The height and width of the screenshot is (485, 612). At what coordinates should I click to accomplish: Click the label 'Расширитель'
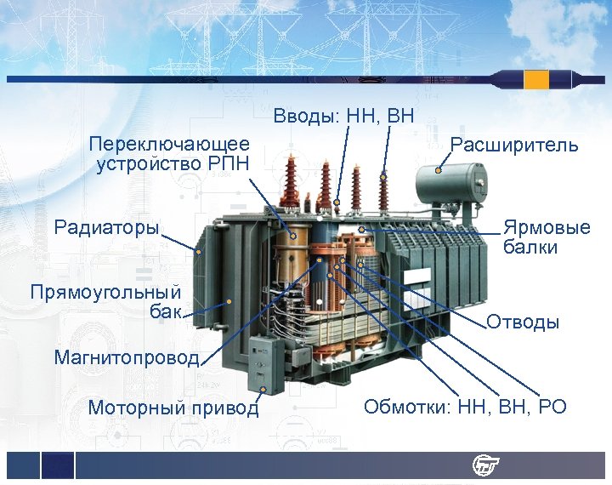click(513, 145)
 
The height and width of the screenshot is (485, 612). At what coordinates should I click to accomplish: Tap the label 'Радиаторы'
click(106, 227)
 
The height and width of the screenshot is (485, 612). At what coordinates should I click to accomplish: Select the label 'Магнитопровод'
click(126, 357)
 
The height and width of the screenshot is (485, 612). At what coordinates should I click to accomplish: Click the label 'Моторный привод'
click(173, 408)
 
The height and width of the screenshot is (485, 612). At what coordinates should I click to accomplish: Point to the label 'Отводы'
click(522, 322)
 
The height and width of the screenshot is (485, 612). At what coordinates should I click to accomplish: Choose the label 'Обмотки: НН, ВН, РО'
click(464, 407)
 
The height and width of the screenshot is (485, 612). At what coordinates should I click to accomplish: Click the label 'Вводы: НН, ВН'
click(343, 115)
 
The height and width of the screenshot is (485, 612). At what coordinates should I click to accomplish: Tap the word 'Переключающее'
click(169, 143)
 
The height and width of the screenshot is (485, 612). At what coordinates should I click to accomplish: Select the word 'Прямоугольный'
click(105, 293)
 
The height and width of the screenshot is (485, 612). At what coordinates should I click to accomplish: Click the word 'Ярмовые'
click(546, 228)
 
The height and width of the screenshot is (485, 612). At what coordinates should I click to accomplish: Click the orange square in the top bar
click(536, 80)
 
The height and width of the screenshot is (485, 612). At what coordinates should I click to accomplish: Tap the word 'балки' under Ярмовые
click(530, 248)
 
